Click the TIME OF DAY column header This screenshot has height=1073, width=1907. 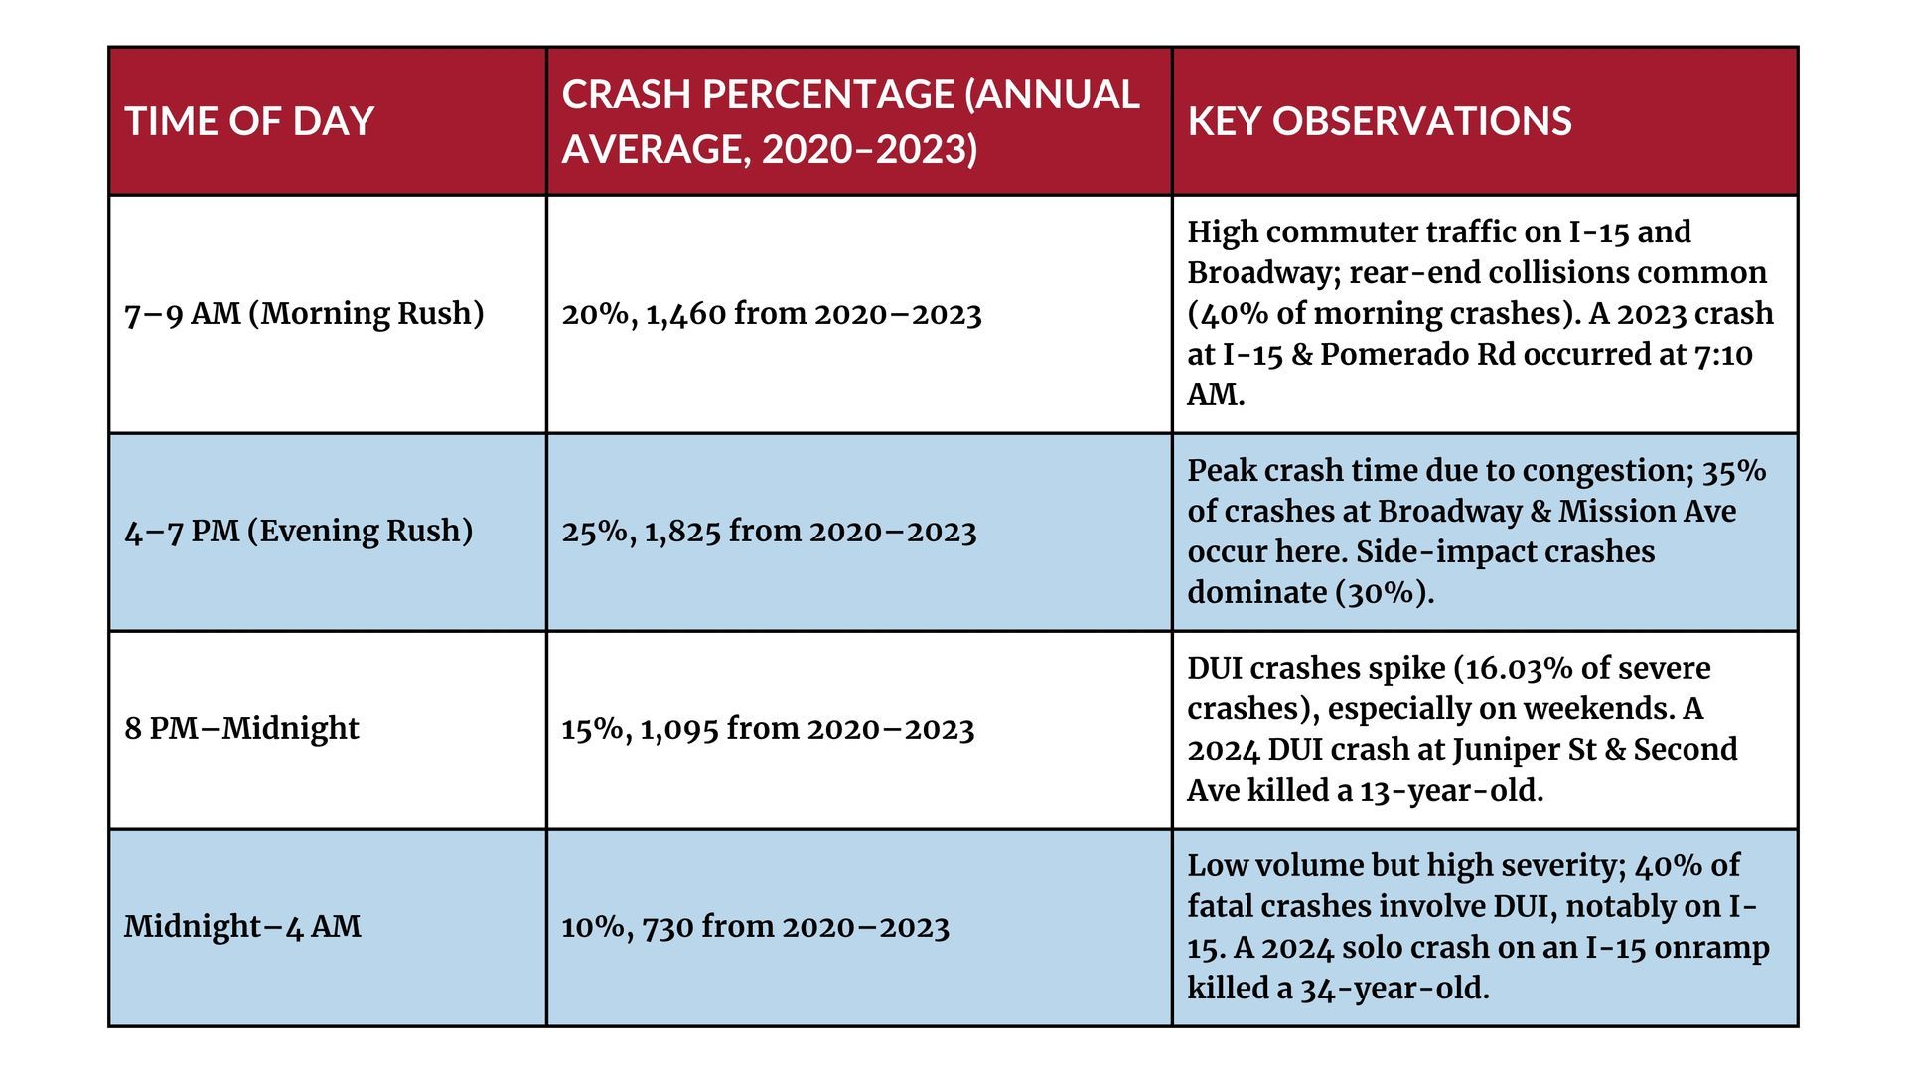click(249, 121)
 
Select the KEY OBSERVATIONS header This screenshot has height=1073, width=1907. click(1380, 121)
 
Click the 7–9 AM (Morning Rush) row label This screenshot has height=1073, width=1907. click(304, 313)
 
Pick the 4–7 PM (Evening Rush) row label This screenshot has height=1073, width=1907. click(299, 531)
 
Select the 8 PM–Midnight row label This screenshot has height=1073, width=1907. click(241, 728)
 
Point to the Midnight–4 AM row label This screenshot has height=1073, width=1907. click(242, 926)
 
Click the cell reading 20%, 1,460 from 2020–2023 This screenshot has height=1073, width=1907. click(772, 314)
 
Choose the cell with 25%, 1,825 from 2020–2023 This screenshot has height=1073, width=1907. click(770, 532)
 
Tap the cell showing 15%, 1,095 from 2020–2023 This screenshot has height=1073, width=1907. click(769, 729)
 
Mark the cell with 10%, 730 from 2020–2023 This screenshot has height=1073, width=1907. click(756, 927)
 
